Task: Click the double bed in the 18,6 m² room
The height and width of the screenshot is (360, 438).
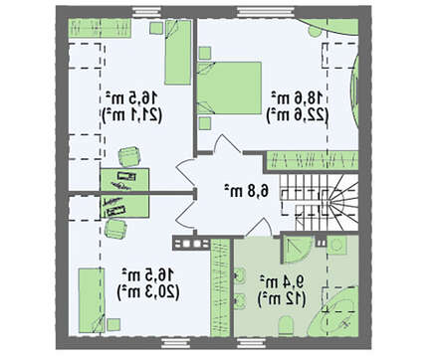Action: [x=229, y=88]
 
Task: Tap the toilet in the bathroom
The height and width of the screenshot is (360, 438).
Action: [x=286, y=325]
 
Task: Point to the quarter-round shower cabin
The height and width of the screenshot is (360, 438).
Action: [x=297, y=251]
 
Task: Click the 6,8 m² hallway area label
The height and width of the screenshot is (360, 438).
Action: [x=246, y=191]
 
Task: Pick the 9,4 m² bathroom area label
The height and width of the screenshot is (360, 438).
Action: [x=282, y=282]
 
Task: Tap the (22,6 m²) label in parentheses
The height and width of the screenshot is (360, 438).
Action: [x=298, y=115]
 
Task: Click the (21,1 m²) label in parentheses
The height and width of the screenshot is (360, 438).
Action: [x=132, y=115]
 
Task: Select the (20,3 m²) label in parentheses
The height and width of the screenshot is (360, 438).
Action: [x=148, y=292]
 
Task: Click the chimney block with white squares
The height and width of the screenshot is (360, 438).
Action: [x=191, y=244]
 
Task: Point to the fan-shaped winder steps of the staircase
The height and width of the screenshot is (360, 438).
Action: [x=341, y=202]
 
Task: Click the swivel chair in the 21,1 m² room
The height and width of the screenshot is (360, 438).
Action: [x=129, y=156]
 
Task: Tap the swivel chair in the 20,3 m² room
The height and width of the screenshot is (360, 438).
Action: [x=115, y=229]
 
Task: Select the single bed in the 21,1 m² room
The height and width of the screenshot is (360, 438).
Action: [x=178, y=52]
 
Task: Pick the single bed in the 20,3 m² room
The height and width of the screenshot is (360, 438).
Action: [x=92, y=300]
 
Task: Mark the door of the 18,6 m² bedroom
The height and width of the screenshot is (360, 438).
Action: [x=228, y=144]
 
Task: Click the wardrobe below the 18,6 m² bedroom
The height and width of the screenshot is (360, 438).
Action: [x=313, y=161]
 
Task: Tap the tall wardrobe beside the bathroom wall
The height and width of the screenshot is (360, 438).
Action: [x=220, y=286]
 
